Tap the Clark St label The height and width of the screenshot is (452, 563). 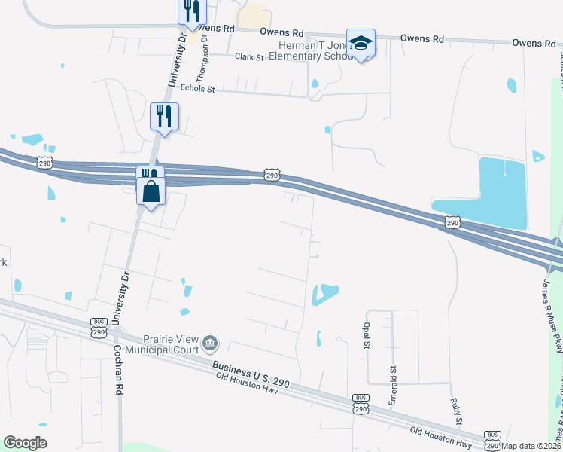[248, 56]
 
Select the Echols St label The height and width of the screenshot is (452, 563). [201, 89]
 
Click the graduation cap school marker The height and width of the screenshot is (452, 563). [361, 43]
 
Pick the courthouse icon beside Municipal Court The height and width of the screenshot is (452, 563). [210, 344]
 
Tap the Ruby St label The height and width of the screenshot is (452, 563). [456, 411]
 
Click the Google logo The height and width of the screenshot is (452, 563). [25, 443]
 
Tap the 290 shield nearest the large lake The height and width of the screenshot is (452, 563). [452, 222]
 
